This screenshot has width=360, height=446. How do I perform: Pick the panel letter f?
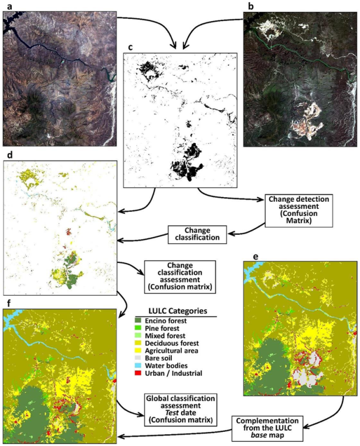click(6, 303)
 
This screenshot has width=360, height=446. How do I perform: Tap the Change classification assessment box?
click(179, 278)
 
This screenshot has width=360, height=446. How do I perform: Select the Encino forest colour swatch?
click(140, 321)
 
